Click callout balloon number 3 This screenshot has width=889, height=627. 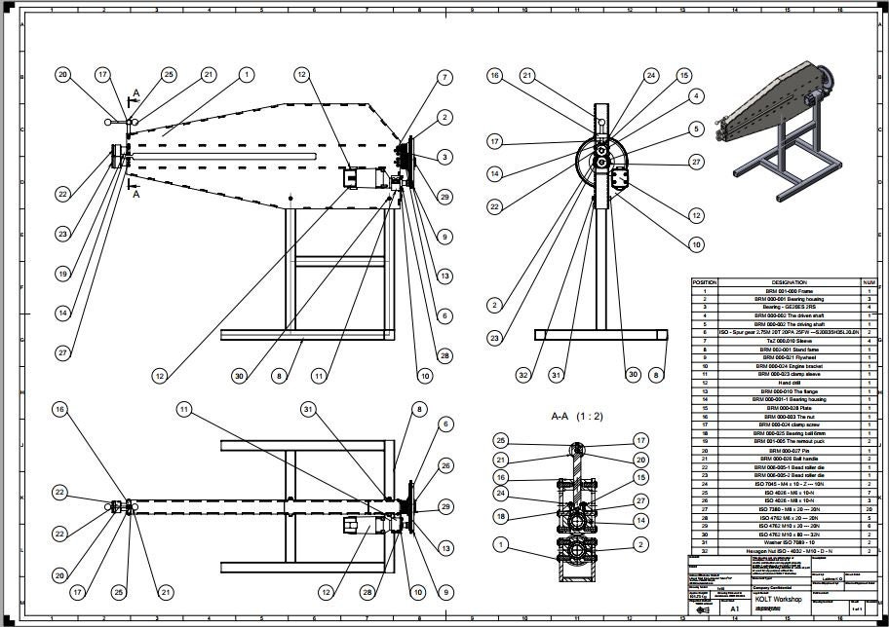(x=444, y=157)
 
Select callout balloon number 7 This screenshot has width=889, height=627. (x=444, y=77)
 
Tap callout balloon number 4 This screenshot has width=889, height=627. (x=696, y=95)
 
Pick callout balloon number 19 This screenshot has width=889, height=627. (x=62, y=275)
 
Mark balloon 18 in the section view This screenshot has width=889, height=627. (x=500, y=515)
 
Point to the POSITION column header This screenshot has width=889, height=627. (x=705, y=282)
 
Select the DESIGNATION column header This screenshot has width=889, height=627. (x=789, y=282)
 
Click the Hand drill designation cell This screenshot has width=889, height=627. (x=789, y=384)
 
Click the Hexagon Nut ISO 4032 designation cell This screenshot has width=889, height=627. (x=789, y=551)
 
